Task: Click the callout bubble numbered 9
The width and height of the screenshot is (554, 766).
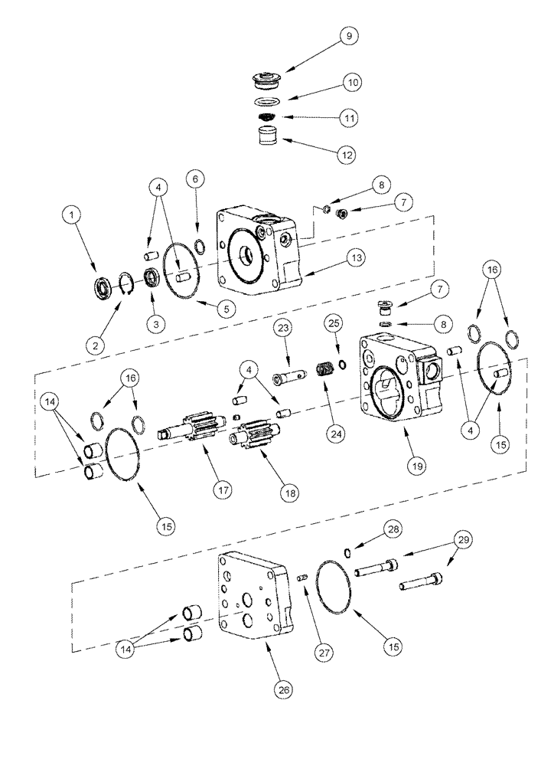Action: tap(351, 37)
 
